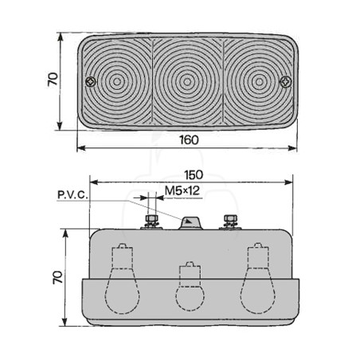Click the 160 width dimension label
click(x=189, y=140)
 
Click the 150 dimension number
click(x=194, y=174)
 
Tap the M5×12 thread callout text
click(x=182, y=190)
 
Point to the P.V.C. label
click(x=72, y=195)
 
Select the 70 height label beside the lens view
click(x=53, y=79)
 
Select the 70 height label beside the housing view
click(x=57, y=277)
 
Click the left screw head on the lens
click(x=91, y=81)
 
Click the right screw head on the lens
click(x=286, y=81)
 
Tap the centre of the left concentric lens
click(x=117, y=81)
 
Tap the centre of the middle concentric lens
click(x=187, y=81)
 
